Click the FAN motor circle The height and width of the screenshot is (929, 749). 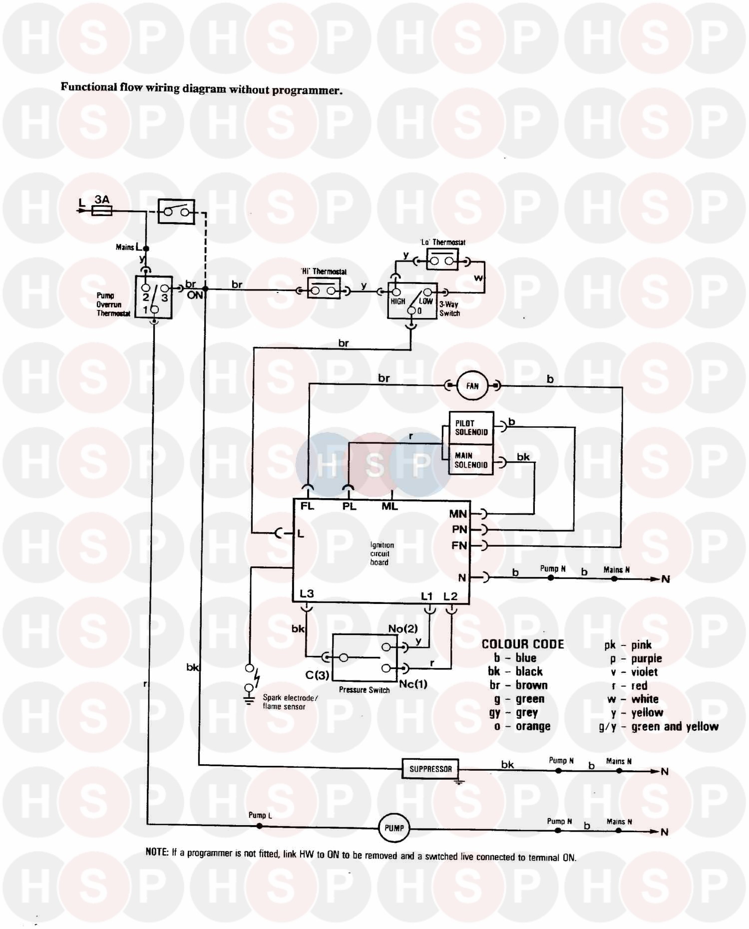pos(472,386)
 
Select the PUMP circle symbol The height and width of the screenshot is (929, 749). pos(394,828)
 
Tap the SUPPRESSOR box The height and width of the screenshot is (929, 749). pos(430,769)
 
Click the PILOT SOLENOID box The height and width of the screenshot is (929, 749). pos(471,428)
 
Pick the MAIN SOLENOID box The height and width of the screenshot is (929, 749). pos(471,460)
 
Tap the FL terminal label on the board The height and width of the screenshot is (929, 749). pos(307,506)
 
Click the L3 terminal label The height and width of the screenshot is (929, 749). pos(307,594)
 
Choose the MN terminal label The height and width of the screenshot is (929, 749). pos(458,514)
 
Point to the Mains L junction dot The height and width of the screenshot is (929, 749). pos(146,248)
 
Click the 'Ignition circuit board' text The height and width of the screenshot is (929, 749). pos(381,554)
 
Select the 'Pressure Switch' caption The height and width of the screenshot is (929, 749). pos(364,690)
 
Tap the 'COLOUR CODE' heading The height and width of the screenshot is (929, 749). pos(522,644)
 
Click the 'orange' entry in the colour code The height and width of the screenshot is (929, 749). pos(533,726)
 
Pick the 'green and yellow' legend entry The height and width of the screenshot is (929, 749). pos(675,727)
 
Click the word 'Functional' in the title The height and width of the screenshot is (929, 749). pos(89,87)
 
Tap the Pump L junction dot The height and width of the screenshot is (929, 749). pos(259,826)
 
